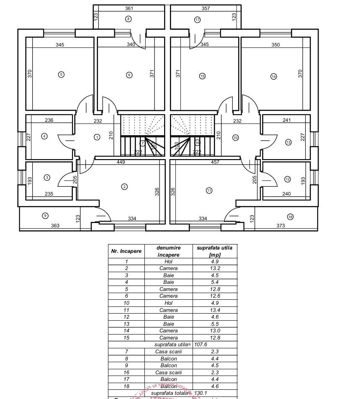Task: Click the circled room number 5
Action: click(x=61, y=75)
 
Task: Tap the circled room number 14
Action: click(x=274, y=77)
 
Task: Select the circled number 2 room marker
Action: click(x=124, y=187)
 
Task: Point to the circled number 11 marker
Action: click(x=209, y=190)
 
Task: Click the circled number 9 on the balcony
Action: click(x=46, y=216)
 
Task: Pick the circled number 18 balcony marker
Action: click(x=290, y=216)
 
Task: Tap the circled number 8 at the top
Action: click(x=129, y=18)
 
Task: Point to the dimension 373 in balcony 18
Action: click(x=280, y=226)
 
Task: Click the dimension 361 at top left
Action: click(x=129, y=8)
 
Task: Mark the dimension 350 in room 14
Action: click(x=275, y=45)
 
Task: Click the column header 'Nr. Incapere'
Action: click(x=126, y=251)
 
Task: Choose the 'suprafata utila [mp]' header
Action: click(x=214, y=251)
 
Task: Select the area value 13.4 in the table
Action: click(x=214, y=310)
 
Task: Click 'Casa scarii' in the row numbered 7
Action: click(x=168, y=352)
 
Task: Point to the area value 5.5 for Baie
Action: click(x=214, y=324)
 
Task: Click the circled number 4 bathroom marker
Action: click(x=44, y=136)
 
